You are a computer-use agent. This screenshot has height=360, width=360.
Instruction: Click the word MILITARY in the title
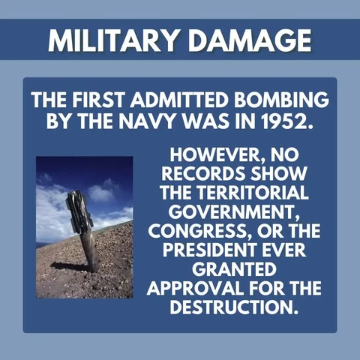pyautogui.click(x=112, y=40)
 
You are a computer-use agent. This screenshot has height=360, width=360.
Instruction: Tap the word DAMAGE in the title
pyautogui.click(x=250, y=40)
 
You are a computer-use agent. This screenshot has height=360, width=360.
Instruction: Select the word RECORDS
pyautogui.click(x=202, y=174)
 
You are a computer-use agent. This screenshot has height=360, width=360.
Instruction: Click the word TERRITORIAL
pyautogui.click(x=252, y=193)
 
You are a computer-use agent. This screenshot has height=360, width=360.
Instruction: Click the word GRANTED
pyautogui.click(x=234, y=269)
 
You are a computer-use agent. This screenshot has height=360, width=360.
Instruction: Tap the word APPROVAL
pyautogui.click(x=195, y=288)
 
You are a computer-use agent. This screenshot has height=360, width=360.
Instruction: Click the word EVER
pyautogui.click(x=283, y=250)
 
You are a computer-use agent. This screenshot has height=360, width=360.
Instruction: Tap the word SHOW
pyautogui.click(x=277, y=174)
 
